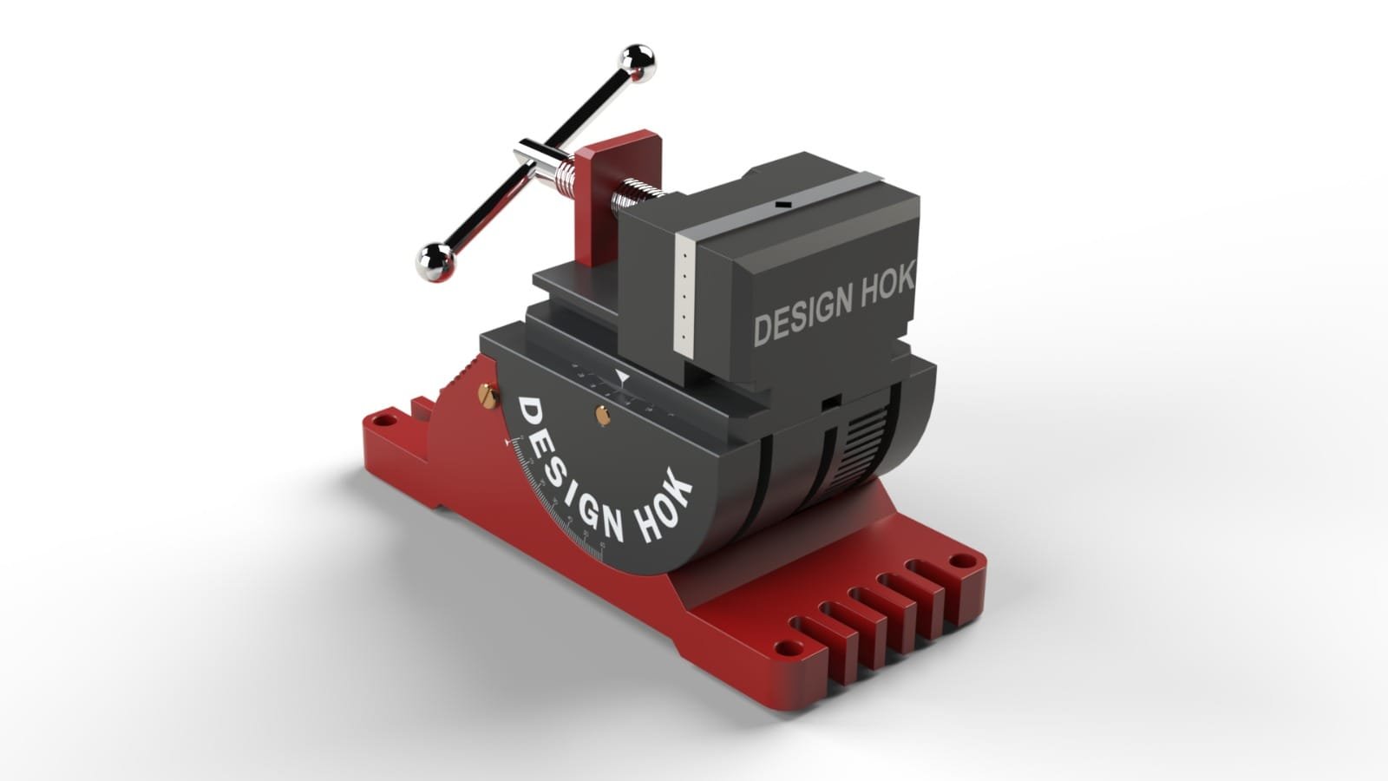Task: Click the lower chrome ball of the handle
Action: coord(435,259)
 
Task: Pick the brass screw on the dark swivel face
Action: coord(602,415)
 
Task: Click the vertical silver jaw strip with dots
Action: coord(685,295)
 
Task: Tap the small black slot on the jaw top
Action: coord(782,205)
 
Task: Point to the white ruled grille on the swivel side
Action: coord(865,439)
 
